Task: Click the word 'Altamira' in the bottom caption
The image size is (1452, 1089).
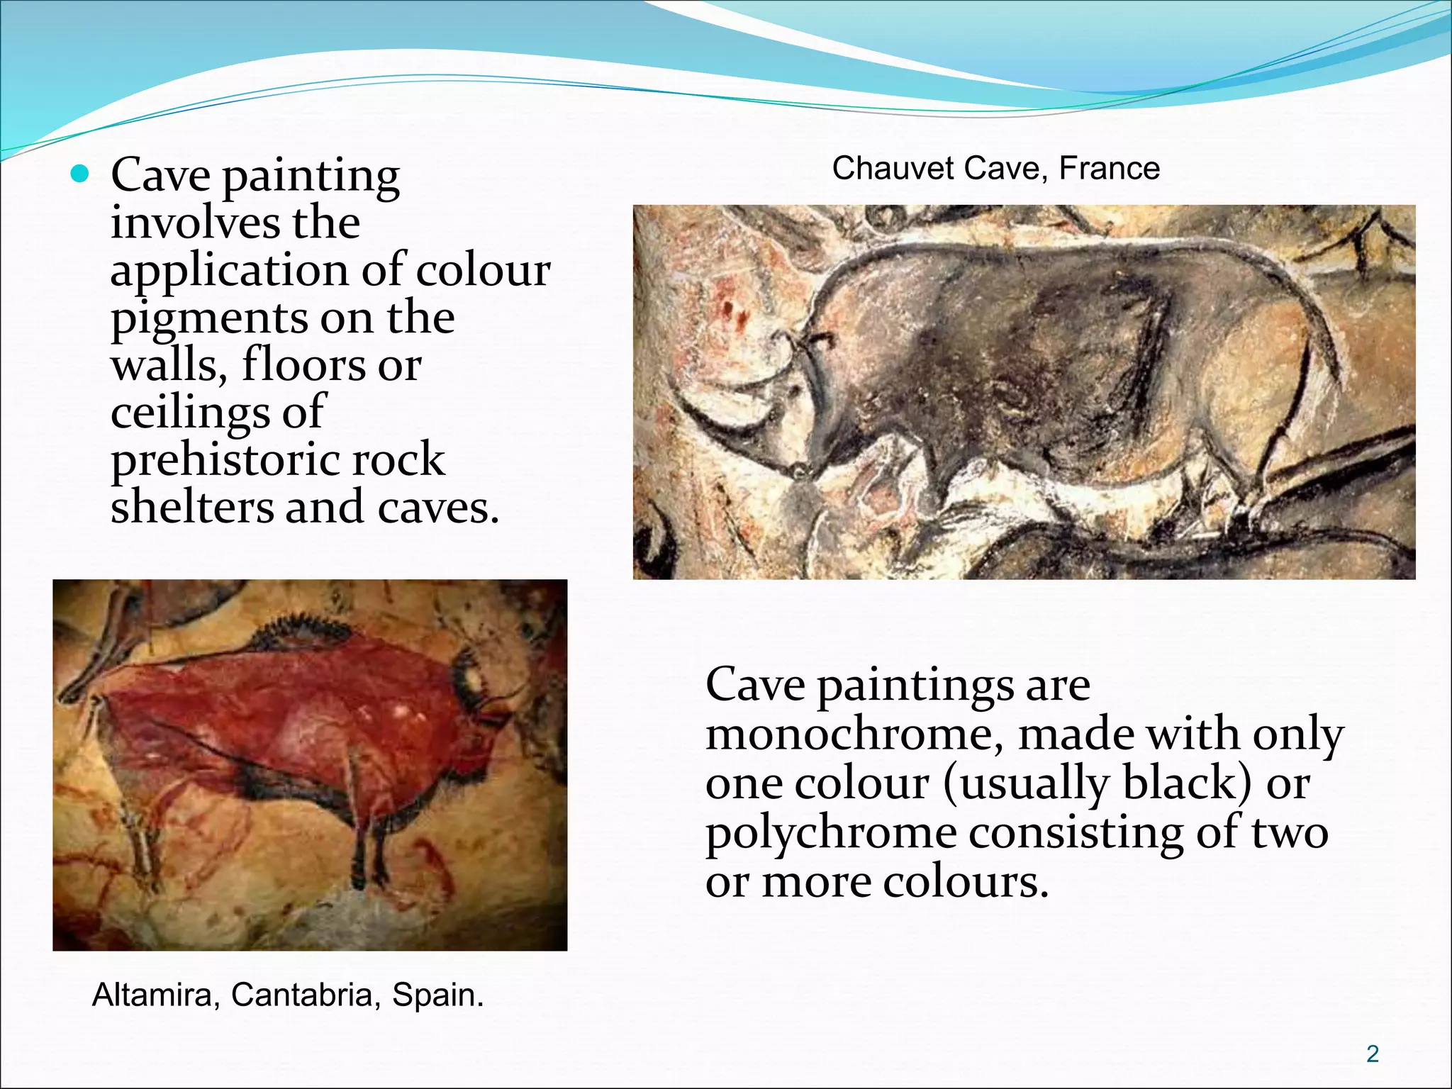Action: point(152,995)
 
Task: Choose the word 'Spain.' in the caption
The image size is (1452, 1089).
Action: point(437,995)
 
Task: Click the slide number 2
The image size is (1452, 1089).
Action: point(1373,1054)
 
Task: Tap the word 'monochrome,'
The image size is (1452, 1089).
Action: point(854,735)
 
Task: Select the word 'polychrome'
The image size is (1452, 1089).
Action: point(830,834)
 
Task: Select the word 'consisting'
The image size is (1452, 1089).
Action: point(1076,832)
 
